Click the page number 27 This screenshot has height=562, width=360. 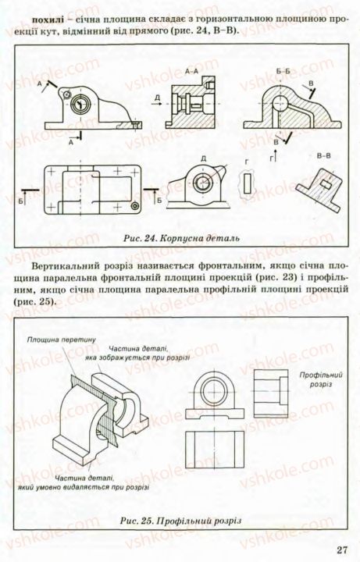coord(341,550)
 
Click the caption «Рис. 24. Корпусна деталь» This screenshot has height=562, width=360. coord(181,237)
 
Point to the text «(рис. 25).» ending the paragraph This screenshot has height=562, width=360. coord(37,300)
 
